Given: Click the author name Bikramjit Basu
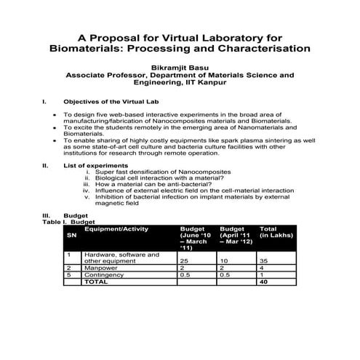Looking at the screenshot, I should click(180, 65).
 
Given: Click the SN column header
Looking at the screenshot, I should click(71, 236).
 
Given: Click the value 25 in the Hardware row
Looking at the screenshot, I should click(185, 260).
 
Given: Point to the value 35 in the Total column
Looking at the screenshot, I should click(265, 260).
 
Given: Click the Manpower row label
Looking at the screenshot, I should click(101, 268).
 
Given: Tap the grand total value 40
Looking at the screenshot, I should click(264, 282).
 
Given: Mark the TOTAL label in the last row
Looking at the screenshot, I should click(97, 282).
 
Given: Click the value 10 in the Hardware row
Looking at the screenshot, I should click(224, 260).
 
